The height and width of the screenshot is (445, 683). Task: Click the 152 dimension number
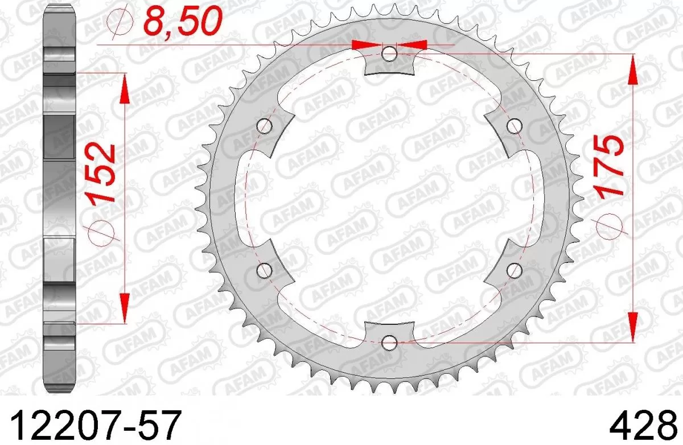click(103, 174)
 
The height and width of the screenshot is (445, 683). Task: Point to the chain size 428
click(645, 425)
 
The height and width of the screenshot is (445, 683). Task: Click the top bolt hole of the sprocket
click(389, 54)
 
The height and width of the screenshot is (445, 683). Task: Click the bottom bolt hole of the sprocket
click(389, 343)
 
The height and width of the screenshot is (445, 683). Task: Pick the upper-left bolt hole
click(264, 126)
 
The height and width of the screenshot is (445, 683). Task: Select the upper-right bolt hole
click(515, 126)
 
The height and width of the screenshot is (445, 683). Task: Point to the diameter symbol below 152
click(103, 233)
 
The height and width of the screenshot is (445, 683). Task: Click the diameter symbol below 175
click(612, 226)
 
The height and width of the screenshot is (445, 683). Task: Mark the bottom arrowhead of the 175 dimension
click(632, 327)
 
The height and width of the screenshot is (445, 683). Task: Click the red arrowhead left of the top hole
click(367, 44)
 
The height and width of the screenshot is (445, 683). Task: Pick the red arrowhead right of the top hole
click(413, 44)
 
